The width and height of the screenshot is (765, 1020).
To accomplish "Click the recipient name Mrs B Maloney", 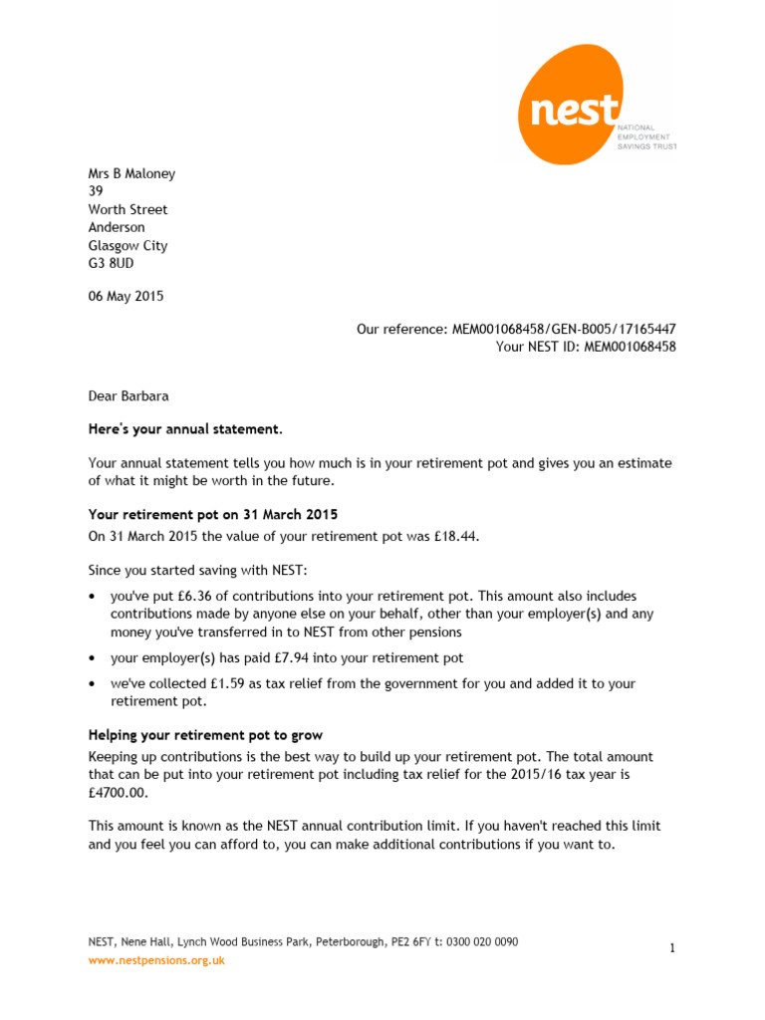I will click(x=131, y=173).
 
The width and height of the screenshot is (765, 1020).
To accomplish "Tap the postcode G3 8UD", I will click(x=111, y=264).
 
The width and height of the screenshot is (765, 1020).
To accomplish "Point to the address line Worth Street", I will click(x=127, y=209).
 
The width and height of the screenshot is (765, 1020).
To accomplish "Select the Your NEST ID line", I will click(x=586, y=347).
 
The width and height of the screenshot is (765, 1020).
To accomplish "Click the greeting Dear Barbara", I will click(x=128, y=395).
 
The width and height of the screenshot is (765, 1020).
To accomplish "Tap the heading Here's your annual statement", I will click(x=185, y=429).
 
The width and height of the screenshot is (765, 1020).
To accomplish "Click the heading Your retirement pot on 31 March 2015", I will click(x=213, y=515).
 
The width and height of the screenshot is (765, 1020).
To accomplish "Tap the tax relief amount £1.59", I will click(x=227, y=683).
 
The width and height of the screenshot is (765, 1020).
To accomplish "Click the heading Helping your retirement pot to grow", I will click(x=205, y=735).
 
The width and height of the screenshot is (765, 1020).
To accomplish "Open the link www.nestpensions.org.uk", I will click(x=156, y=960).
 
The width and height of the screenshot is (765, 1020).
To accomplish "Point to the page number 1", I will click(x=672, y=949).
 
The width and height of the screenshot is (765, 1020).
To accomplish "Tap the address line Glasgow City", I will click(x=127, y=246).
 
